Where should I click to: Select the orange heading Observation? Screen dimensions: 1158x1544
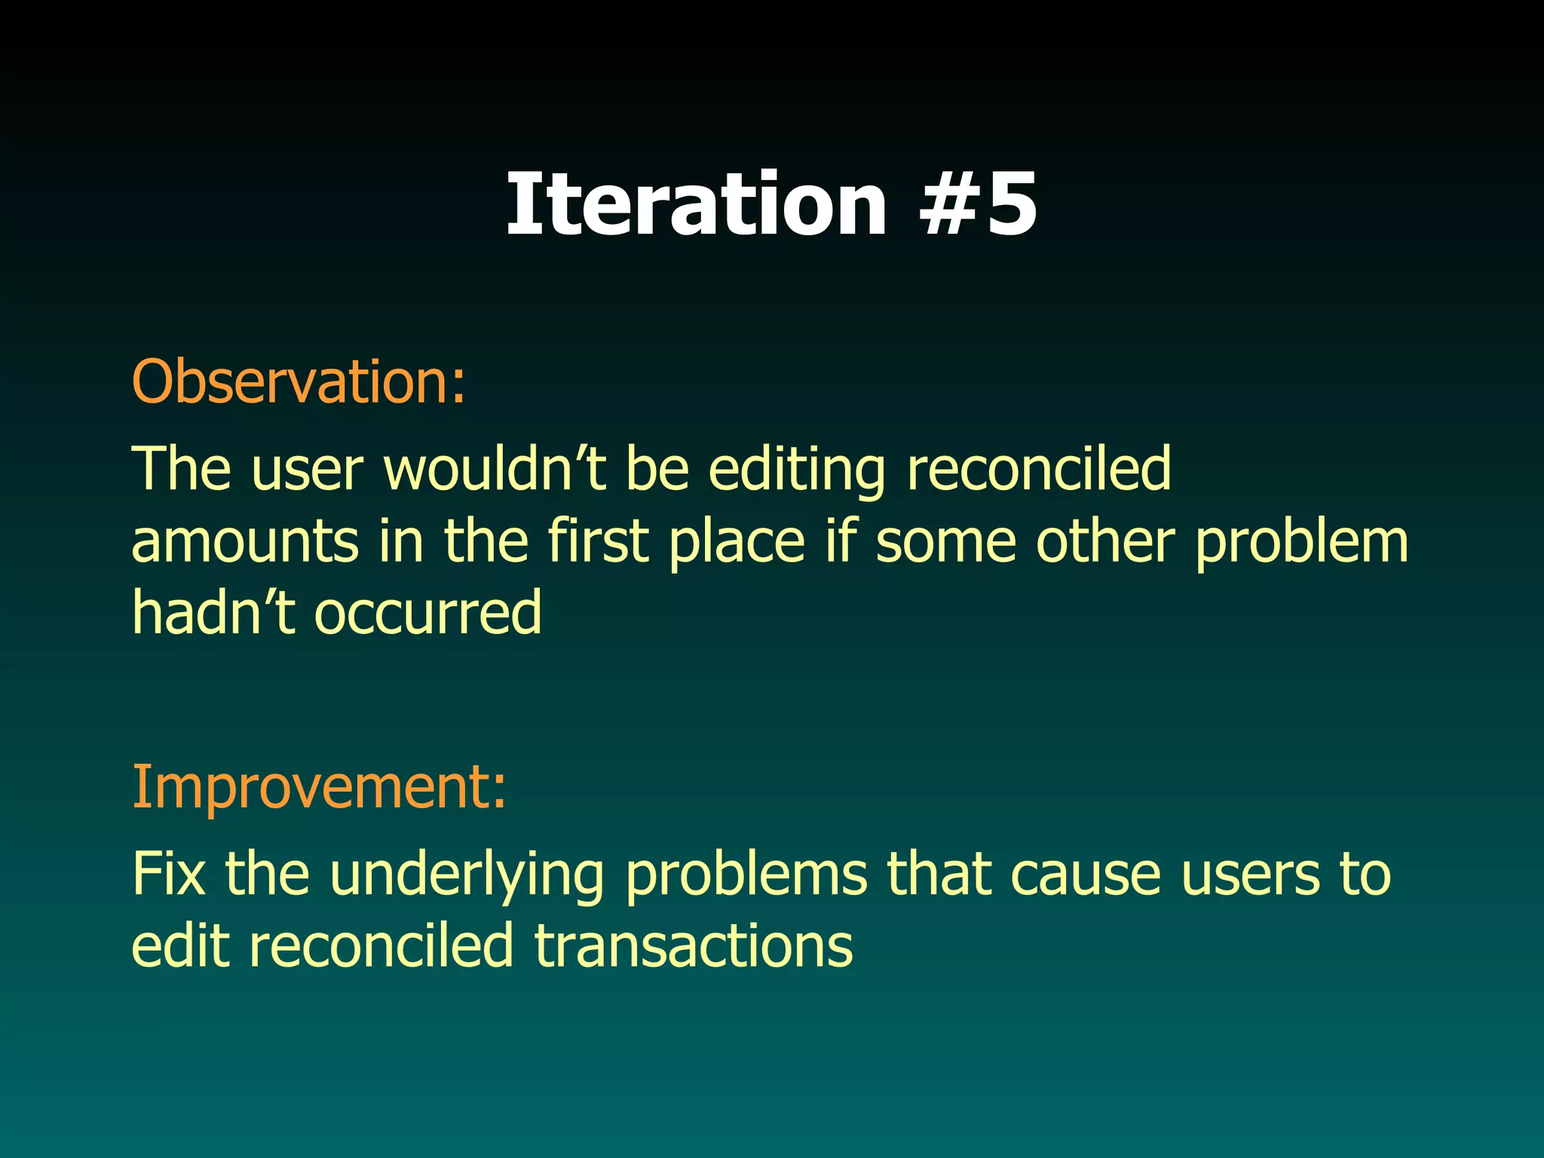click(299, 381)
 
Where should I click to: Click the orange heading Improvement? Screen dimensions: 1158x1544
click(319, 786)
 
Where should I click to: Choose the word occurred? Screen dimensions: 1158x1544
click(427, 612)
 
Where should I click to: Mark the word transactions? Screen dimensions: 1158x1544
click(694, 945)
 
